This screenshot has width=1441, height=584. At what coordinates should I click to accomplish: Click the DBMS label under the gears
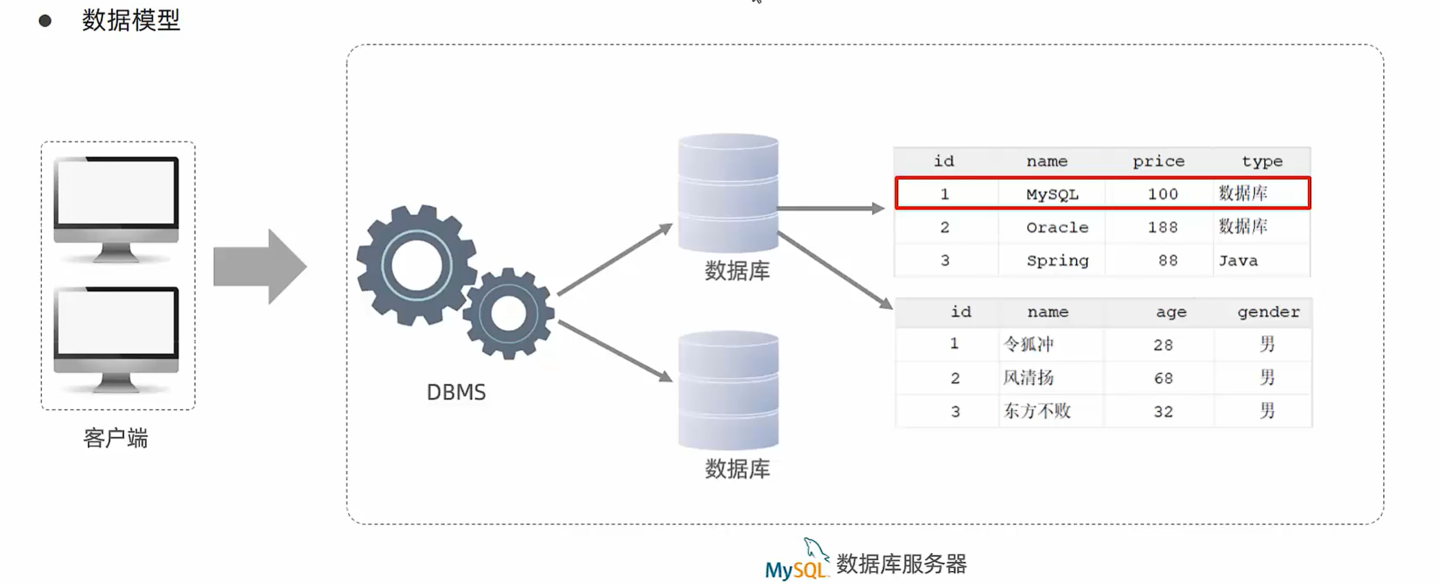(x=456, y=392)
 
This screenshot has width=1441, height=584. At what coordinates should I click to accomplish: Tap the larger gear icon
(x=417, y=265)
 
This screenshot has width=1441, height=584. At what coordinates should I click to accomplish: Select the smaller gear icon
(x=509, y=314)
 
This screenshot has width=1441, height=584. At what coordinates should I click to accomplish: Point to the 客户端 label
(x=115, y=438)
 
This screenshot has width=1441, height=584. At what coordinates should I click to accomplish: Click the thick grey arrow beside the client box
(x=259, y=266)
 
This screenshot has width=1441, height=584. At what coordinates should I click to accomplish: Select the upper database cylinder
(x=728, y=194)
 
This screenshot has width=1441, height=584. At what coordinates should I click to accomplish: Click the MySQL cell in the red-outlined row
(x=1052, y=194)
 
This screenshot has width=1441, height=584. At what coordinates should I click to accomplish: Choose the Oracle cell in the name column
(x=1057, y=227)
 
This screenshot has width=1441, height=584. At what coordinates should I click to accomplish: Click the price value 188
(x=1162, y=227)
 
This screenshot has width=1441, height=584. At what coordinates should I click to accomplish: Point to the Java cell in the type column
(x=1238, y=261)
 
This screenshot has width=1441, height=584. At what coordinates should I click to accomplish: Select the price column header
(x=1158, y=161)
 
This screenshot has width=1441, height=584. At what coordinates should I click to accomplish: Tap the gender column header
(x=1268, y=312)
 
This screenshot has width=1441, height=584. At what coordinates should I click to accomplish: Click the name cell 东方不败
(x=1037, y=411)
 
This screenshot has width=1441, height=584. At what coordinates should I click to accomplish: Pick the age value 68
(x=1163, y=378)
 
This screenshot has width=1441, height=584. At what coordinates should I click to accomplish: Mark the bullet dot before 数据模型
(x=45, y=21)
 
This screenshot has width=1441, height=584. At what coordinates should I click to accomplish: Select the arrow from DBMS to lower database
(x=614, y=351)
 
